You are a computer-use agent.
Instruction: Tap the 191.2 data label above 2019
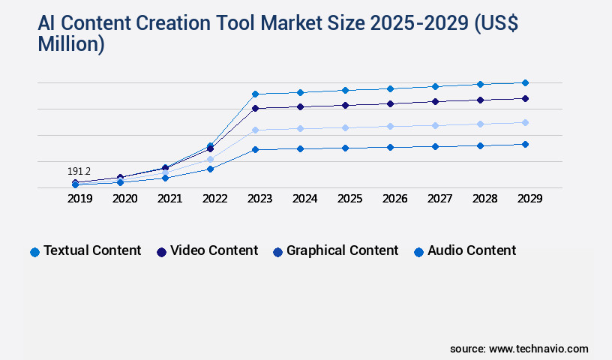[79, 172]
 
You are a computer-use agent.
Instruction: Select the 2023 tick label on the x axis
[259, 199]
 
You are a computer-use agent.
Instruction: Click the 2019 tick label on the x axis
[79, 199]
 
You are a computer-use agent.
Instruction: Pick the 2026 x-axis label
[394, 199]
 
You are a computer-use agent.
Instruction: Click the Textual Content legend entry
[85, 251]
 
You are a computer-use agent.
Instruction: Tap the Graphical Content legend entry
[335, 251]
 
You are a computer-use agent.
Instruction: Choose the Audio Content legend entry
[465, 251]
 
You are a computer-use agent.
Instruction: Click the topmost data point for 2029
[525, 82]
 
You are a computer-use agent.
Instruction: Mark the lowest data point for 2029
[525, 144]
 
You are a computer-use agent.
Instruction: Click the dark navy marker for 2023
[255, 108]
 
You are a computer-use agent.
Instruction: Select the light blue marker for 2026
[390, 126]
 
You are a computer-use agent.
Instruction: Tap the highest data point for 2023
[255, 94]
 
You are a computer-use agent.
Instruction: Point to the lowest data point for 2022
[210, 169]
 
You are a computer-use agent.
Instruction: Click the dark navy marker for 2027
[435, 101]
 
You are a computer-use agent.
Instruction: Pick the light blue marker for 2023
[255, 130]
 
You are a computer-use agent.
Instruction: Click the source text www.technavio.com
[538, 349]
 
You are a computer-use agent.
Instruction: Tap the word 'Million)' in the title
[71, 45]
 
